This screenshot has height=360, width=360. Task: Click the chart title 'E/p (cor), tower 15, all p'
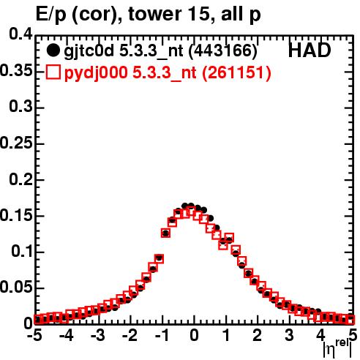click(148, 15)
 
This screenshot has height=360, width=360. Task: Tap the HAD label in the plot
click(310, 50)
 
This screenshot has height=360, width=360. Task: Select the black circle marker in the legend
click(53, 50)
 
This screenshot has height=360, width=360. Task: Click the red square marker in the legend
click(53, 72)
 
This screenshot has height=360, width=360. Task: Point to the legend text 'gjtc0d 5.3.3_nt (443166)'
click(160, 51)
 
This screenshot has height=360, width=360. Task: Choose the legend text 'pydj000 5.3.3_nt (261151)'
click(168, 72)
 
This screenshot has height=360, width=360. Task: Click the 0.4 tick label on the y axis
click(20, 34)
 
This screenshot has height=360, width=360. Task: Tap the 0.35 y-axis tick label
click(16, 71)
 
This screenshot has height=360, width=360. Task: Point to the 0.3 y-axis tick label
click(20, 107)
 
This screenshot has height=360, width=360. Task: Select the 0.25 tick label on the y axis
click(16, 143)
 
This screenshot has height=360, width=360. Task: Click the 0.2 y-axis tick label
click(20, 179)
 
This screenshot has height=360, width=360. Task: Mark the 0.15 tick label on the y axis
click(16, 216)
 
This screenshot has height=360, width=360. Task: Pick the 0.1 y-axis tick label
click(22, 252)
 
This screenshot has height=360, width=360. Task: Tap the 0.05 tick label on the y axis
click(16, 288)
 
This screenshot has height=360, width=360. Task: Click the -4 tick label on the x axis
click(67, 335)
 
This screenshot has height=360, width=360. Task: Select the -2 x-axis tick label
click(130, 335)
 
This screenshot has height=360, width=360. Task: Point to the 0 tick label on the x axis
click(194, 335)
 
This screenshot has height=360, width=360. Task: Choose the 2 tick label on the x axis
click(257, 335)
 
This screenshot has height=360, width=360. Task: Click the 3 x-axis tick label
click(289, 335)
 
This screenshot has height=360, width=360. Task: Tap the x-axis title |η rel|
click(337, 348)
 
